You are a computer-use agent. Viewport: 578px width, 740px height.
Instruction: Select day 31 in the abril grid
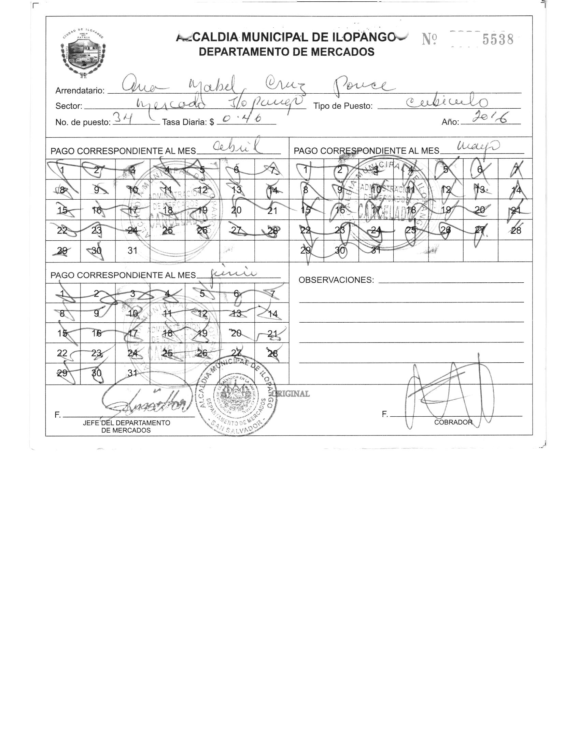132,251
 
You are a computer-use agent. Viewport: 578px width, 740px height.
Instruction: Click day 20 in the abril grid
236,210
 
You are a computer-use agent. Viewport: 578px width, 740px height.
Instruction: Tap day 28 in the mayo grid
516,230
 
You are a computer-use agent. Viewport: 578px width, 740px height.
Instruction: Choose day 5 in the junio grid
202,293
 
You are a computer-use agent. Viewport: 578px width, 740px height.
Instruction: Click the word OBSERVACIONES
336,280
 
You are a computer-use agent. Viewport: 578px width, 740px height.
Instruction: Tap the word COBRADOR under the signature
453,422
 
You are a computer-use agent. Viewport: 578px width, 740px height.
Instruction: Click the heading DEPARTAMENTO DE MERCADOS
286,52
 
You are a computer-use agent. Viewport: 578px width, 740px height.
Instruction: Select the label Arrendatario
80,91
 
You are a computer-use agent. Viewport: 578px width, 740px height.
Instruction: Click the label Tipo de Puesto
343,106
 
